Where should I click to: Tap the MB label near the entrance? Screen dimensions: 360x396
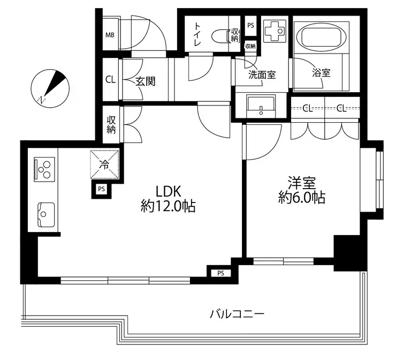click(109, 36)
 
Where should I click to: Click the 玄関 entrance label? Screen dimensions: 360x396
click(145, 81)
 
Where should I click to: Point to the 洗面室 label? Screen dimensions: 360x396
click(262, 75)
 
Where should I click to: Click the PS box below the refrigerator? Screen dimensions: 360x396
click(101, 189)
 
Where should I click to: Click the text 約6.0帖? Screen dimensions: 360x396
click(302, 198)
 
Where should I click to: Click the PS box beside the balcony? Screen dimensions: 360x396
click(220, 273)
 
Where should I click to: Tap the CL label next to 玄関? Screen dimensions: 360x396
click(110, 80)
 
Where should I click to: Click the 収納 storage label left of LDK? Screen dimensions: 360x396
click(111, 124)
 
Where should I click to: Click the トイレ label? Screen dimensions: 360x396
click(197, 35)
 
